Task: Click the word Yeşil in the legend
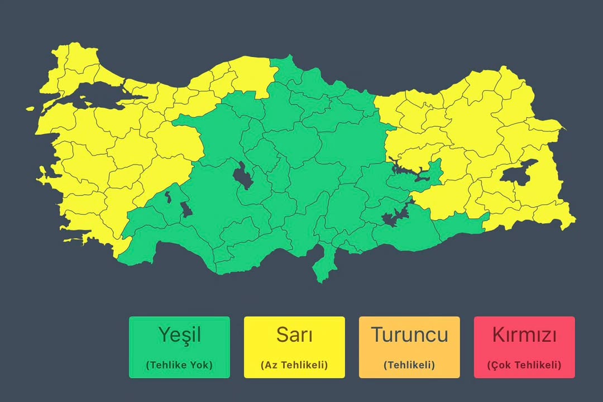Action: [179, 335]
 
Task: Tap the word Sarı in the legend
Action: [294, 335]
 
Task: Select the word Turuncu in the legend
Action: [409, 335]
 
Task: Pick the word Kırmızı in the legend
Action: [524, 335]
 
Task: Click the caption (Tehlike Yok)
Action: [179, 365]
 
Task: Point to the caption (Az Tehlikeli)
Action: [294, 365]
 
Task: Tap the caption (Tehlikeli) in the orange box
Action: [409, 365]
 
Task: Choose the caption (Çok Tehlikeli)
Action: [524, 365]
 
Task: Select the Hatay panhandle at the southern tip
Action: [322, 265]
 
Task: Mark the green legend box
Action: [179, 347]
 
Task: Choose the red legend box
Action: [524, 347]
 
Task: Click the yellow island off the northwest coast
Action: [29, 109]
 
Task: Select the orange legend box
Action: [409, 347]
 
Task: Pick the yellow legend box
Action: [294, 347]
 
